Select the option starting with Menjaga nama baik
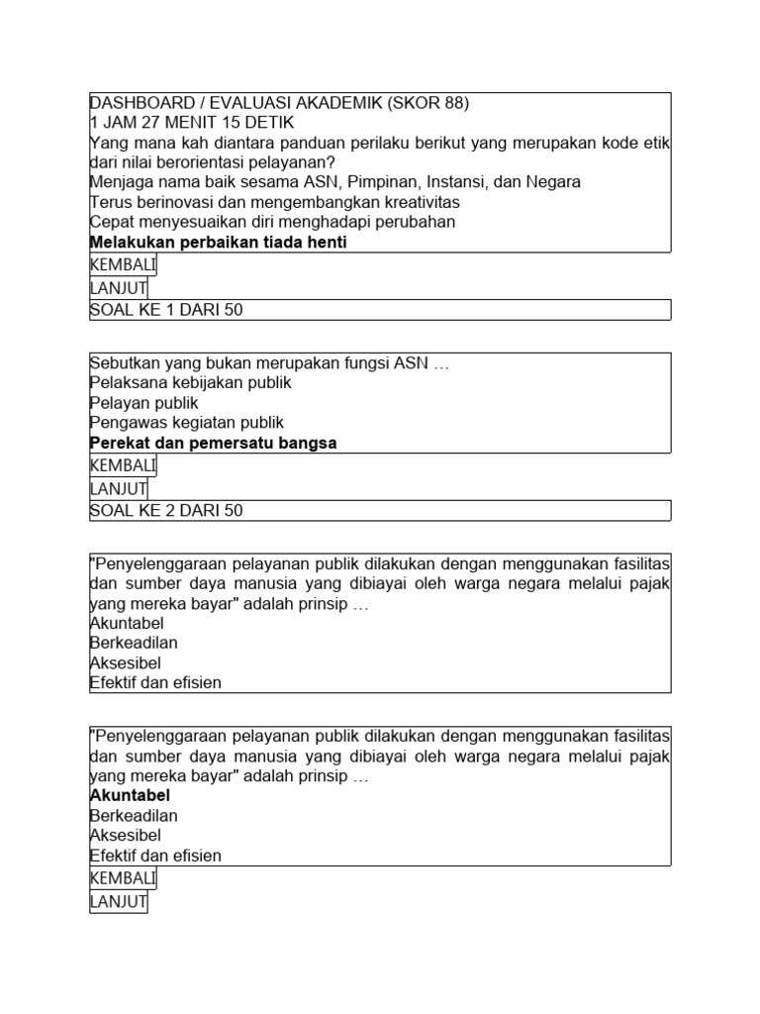[334, 182]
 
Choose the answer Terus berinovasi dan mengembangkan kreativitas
[268, 202]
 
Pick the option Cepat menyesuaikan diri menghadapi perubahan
[272, 222]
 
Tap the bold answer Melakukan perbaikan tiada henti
[218, 243]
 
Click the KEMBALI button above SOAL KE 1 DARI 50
[123, 265]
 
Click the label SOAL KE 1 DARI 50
[166, 310]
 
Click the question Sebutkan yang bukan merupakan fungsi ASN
[269, 362]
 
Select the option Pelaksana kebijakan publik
[190, 382]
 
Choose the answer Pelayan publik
[143, 403]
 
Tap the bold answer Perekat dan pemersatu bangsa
[213, 443]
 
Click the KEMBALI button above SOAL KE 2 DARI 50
[123, 466]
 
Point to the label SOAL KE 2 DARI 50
[166, 511]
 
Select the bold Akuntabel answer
[130, 795]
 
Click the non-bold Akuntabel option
[127, 623]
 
